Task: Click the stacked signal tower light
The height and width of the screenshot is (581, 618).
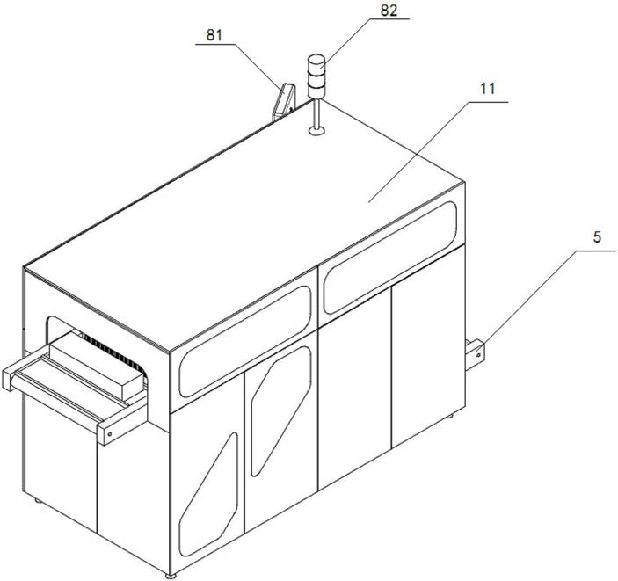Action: click(x=316, y=77)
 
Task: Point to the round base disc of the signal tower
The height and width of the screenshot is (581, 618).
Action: click(x=316, y=133)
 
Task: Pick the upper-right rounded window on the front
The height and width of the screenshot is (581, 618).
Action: click(x=390, y=255)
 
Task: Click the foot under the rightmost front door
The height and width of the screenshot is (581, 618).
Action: click(x=450, y=417)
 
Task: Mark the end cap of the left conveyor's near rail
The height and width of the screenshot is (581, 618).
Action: click(x=107, y=432)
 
